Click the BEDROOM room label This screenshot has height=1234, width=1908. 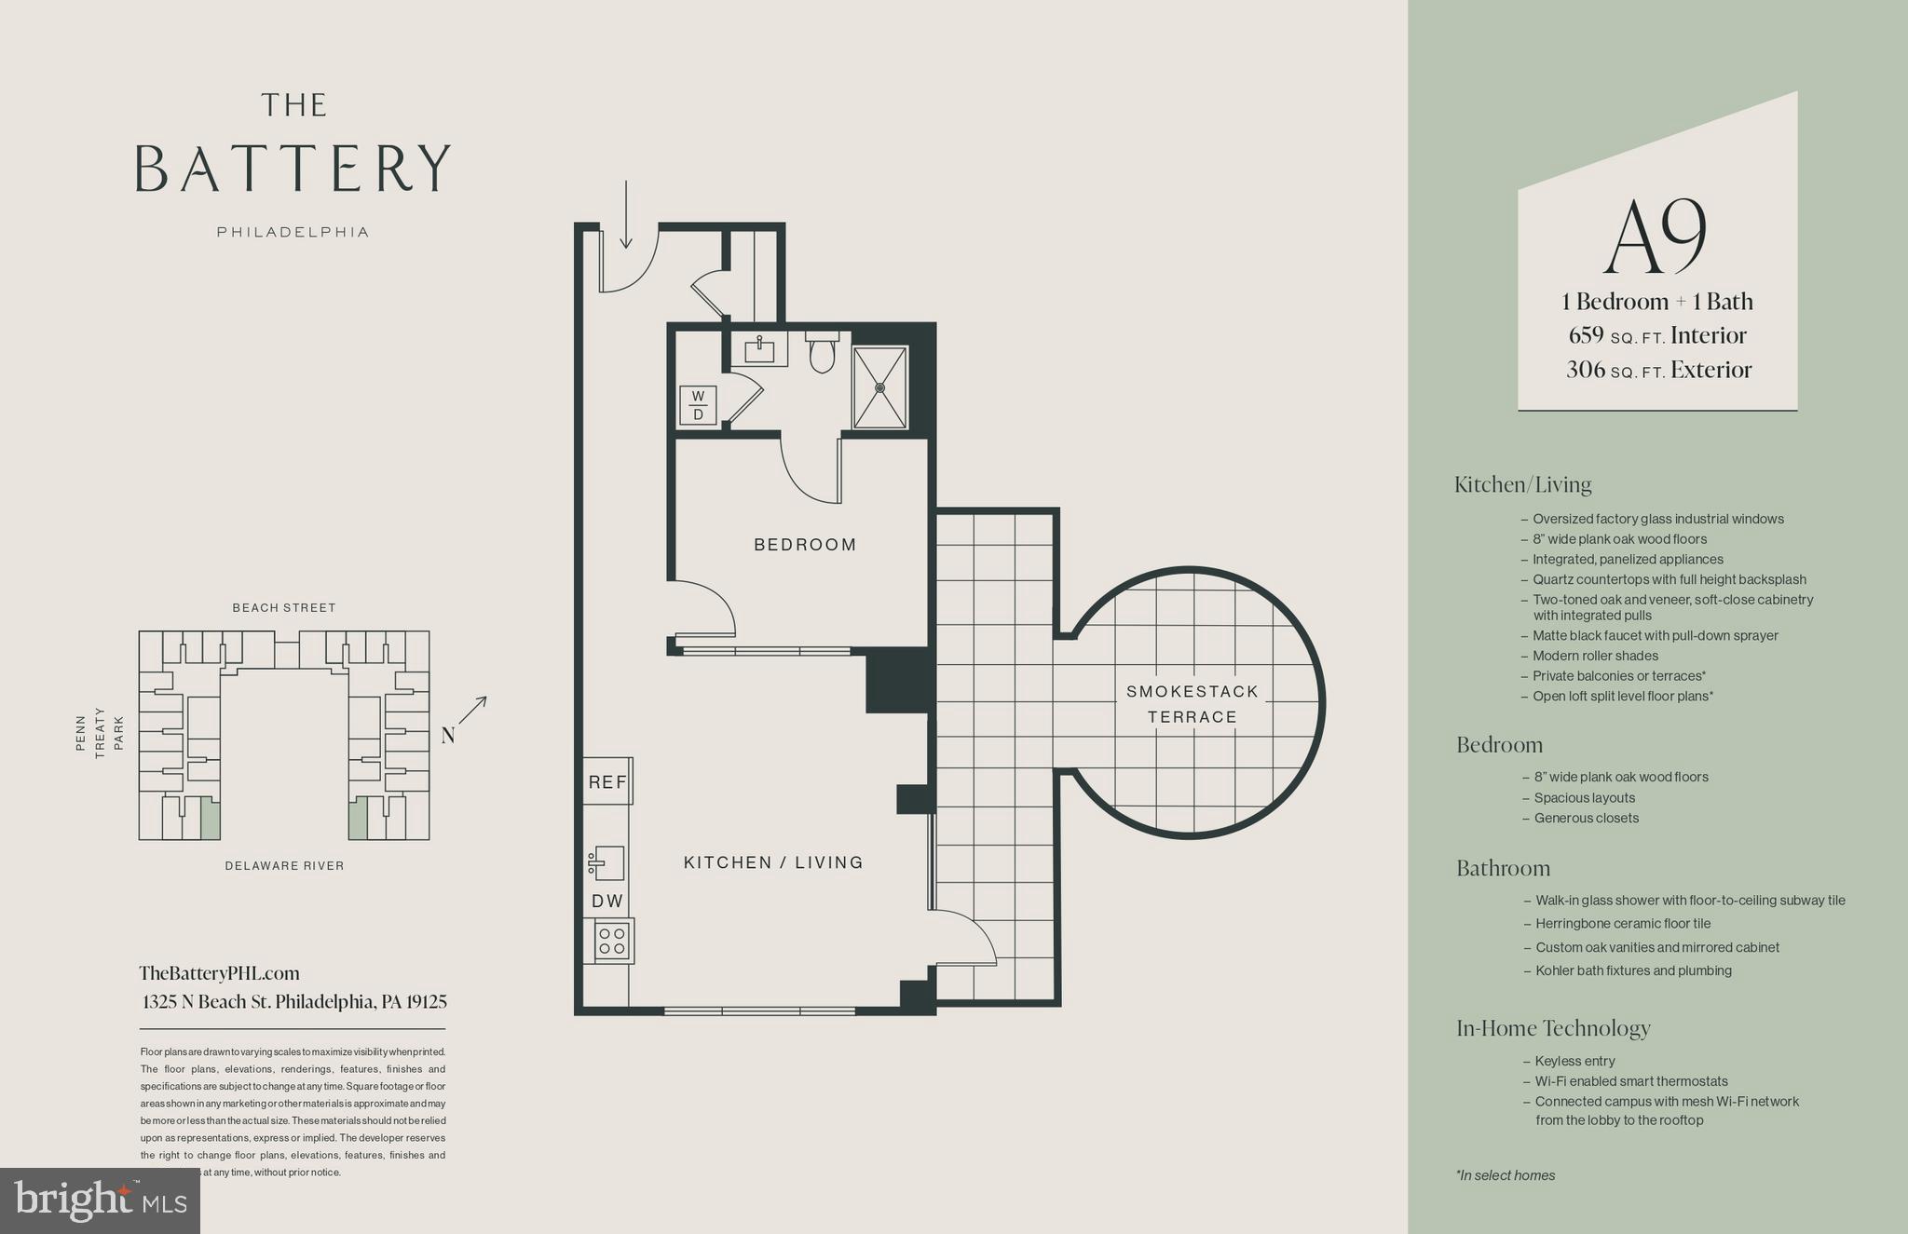[x=805, y=545]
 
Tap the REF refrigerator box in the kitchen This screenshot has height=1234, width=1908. [x=607, y=782]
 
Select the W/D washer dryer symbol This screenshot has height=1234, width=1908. [x=698, y=406]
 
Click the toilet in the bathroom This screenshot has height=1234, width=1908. [x=822, y=353]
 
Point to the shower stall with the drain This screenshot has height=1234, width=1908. [x=879, y=387]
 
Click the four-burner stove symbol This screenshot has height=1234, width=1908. [x=612, y=941]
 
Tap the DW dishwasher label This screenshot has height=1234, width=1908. [x=607, y=902]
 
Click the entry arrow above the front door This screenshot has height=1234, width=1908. [x=626, y=216]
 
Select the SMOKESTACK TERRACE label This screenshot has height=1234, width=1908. [x=1192, y=704]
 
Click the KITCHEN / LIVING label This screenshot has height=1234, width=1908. [x=773, y=862]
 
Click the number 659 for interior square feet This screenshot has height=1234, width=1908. [x=1586, y=335]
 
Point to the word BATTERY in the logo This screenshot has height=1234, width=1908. [x=293, y=169]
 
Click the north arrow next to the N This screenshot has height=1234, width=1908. [x=473, y=710]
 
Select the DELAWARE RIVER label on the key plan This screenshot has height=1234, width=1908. [x=284, y=866]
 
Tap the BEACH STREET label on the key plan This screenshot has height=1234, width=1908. [x=284, y=608]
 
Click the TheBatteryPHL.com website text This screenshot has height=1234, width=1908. [x=220, y=973]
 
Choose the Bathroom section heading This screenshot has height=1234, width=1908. [x=1503, y=868]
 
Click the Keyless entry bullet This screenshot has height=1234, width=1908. [x=1574, y=1061]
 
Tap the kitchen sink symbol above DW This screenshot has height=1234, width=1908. [x=606, y=863]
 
